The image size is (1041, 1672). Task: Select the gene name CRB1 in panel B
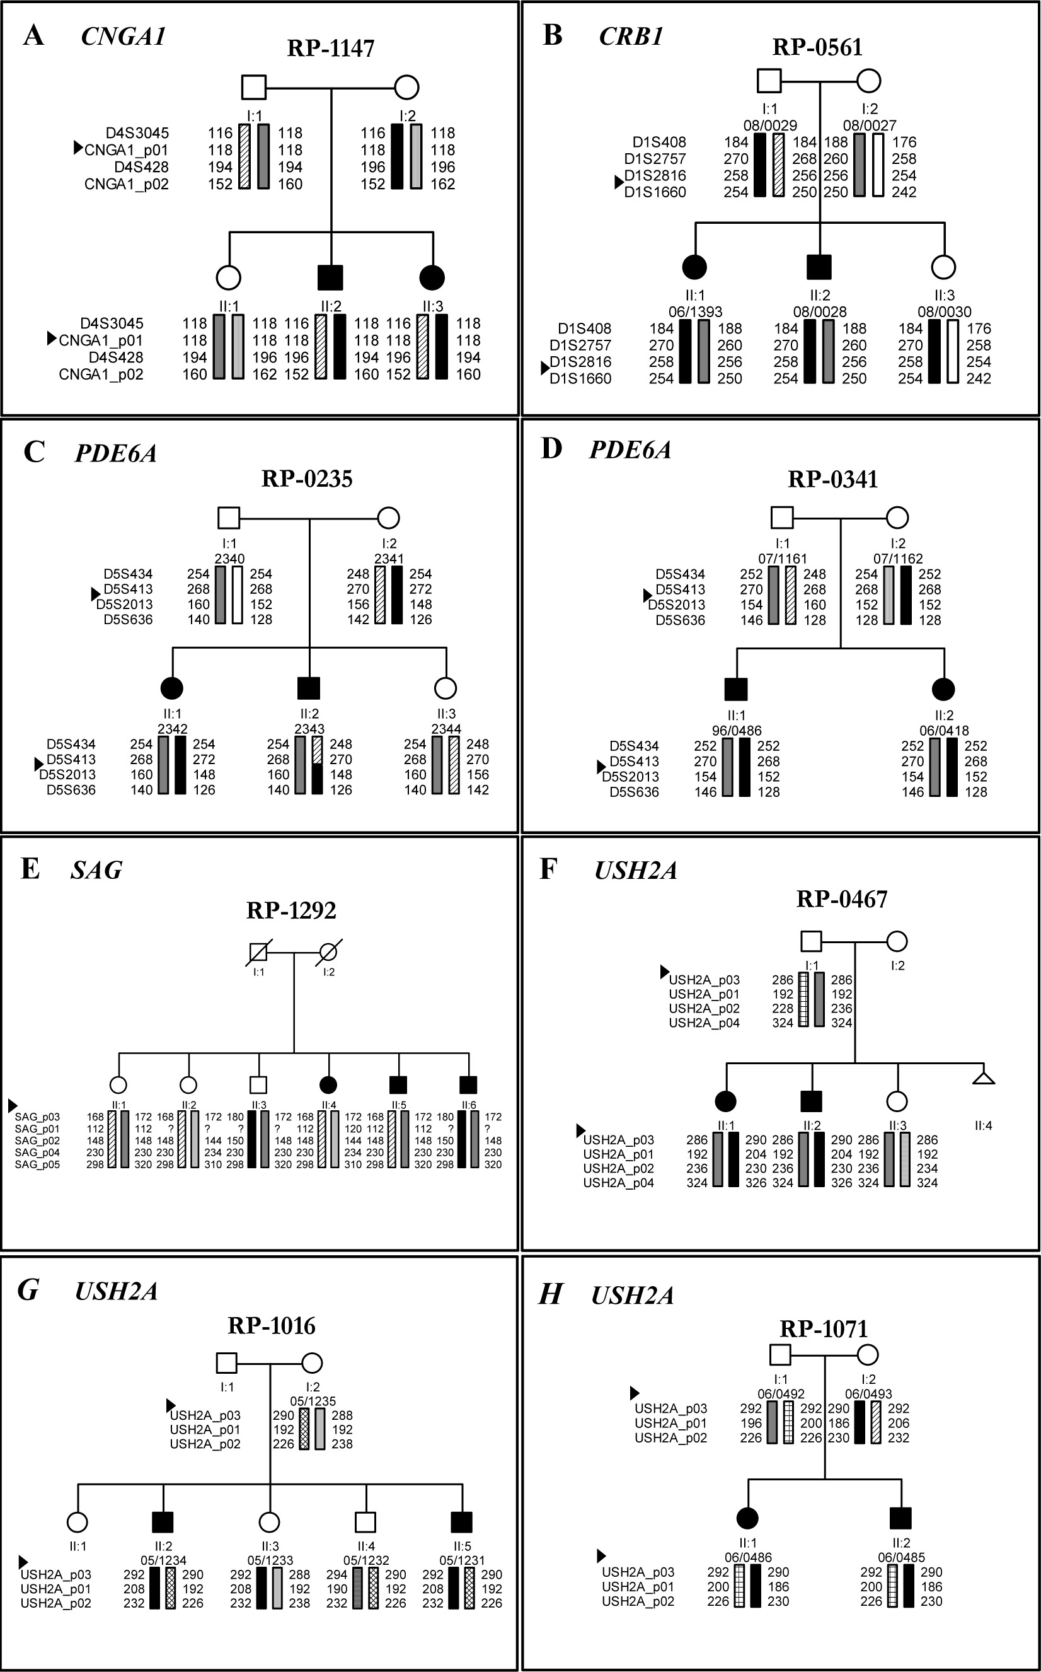pos(631,37)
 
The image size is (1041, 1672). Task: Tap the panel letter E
pos(30,868)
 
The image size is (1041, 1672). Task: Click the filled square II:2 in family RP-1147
pos(330,277)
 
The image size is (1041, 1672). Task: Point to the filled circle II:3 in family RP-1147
pos(432,277)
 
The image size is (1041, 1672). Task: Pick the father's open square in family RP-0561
pos(769,81)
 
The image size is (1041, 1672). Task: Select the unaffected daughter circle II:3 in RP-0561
pos(943,267)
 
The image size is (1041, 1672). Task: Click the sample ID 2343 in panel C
pos(309,729)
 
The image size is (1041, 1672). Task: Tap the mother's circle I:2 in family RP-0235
pos(389,517)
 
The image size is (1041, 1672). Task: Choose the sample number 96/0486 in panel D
pos(737,731)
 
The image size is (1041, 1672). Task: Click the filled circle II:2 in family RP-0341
pos(943,688)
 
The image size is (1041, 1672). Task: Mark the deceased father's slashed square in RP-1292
pos(258,953)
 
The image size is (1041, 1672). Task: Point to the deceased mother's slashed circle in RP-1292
pos(329,953)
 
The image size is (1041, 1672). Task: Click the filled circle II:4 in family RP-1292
pos(328,1085)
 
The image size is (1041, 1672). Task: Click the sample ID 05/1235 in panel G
pos(313,1402)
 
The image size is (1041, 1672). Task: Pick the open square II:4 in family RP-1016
pos(365,1522)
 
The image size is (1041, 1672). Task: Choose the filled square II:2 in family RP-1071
pos(900,1518)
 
